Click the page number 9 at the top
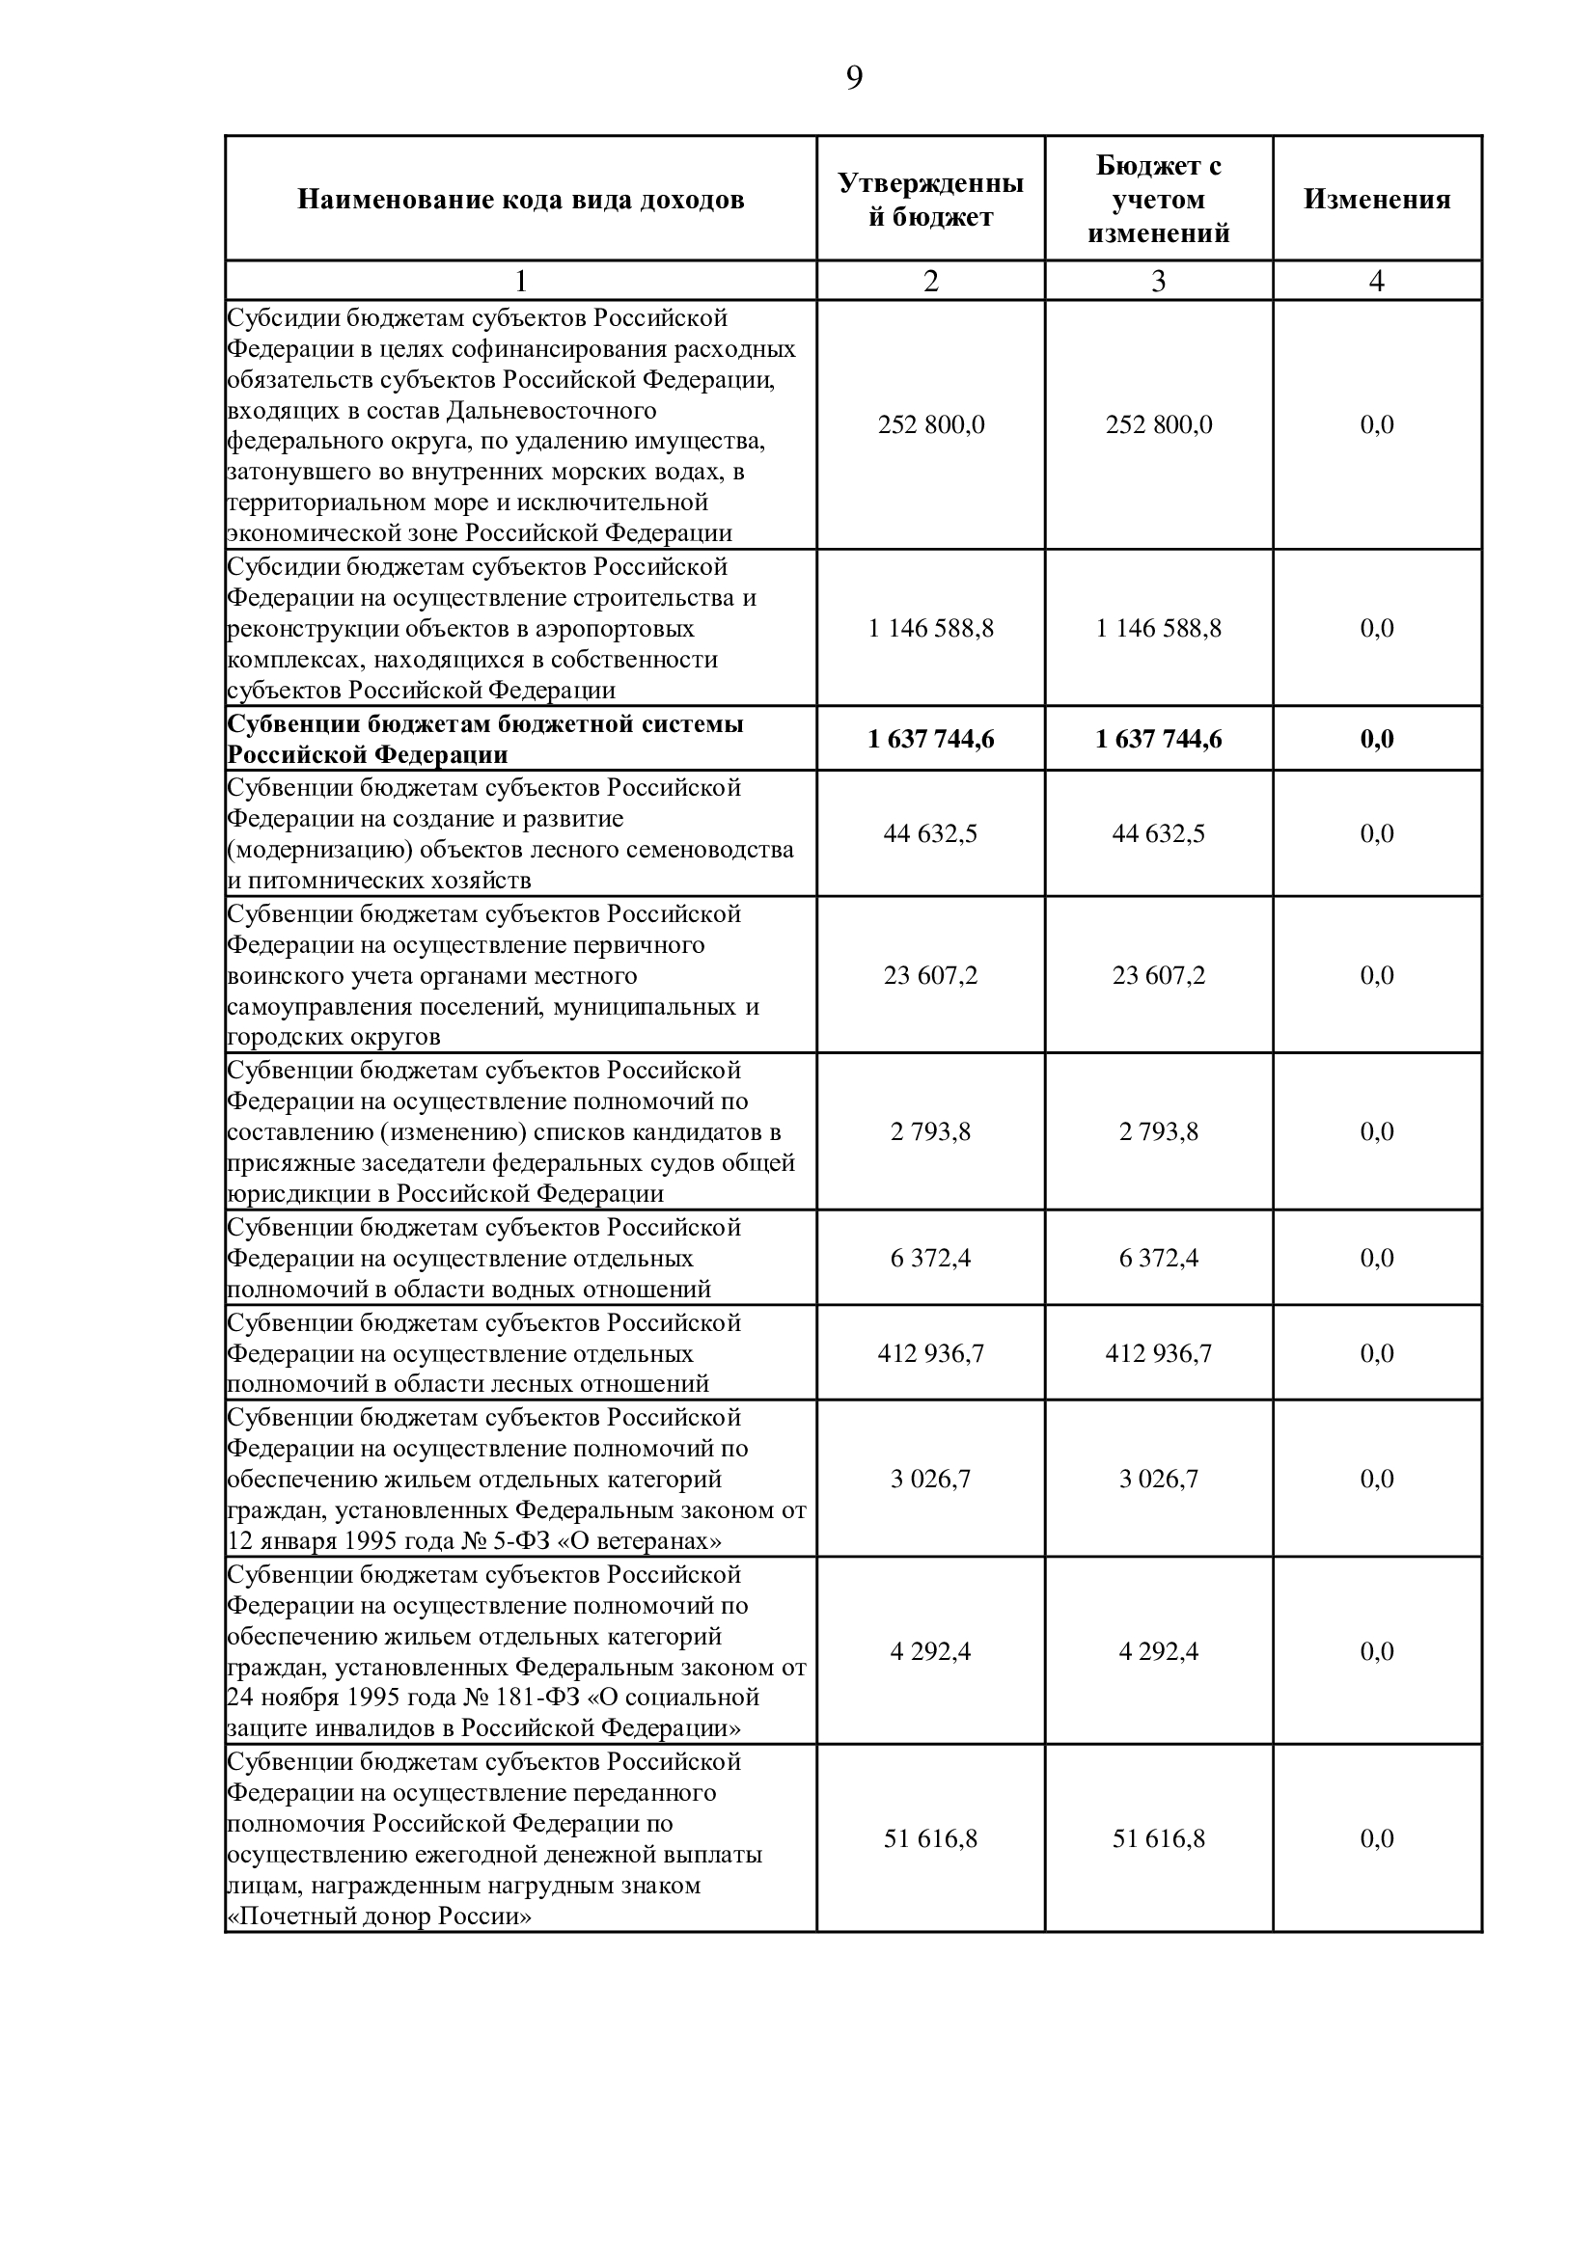854,77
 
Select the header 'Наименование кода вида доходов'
521,200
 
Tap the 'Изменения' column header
1377,200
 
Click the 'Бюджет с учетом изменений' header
1159,200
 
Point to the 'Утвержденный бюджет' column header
930,200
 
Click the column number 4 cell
1377,281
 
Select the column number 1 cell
521,281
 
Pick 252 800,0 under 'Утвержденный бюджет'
930,424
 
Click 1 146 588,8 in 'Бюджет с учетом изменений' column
1159,628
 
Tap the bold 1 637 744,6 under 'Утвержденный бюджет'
930,739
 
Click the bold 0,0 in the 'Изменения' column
1377,739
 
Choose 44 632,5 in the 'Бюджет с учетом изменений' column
1159,833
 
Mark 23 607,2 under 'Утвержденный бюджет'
930,975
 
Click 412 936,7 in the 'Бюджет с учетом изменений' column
1159,1353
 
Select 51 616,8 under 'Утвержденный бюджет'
930,1838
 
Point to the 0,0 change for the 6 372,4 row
1377,1258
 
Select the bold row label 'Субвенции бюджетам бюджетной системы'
485,724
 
